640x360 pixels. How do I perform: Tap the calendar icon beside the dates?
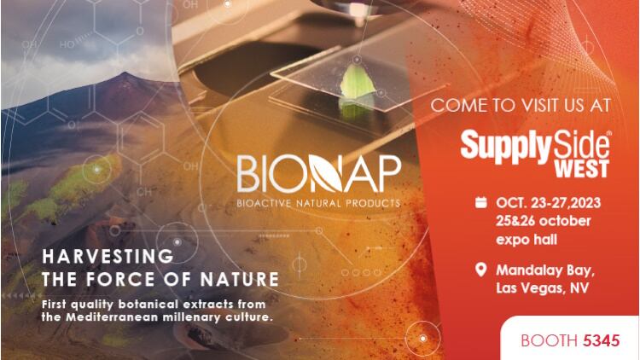click(x=480, y=203)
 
